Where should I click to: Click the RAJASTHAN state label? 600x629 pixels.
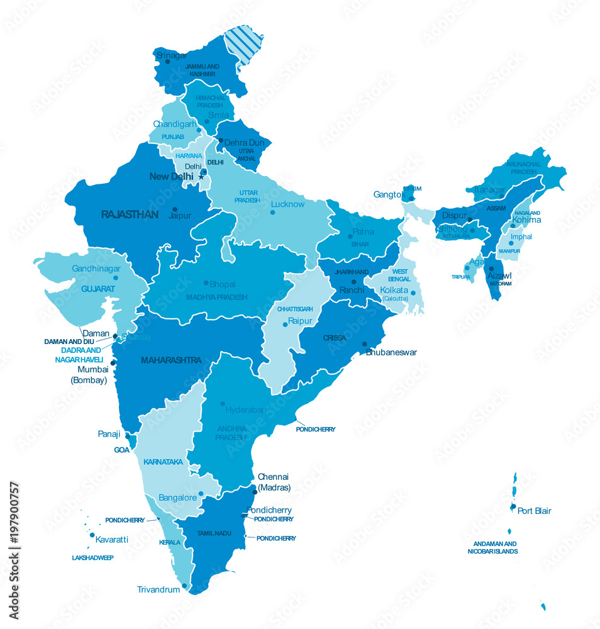coord(130,215)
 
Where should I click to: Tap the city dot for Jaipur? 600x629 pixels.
coord(175,209)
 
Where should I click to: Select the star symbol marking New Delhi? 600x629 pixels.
coord(201,177)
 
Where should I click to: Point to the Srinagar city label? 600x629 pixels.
coord(172,55)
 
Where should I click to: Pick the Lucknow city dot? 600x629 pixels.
coord(272,212)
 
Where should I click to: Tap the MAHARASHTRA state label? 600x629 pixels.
coord(171,360)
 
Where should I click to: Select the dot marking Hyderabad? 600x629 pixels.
coord(223,404)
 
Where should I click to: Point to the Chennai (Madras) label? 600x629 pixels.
coord(274,482)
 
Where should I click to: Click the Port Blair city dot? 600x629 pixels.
coord(513,506)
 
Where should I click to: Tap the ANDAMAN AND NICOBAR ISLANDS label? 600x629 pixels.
coord(492,547)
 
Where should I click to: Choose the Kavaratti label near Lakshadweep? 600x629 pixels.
coord(112,539)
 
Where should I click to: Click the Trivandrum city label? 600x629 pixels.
coord(158,589)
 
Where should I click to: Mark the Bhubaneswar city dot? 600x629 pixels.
coord(364,344)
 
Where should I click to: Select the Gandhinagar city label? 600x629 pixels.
coord(96,268)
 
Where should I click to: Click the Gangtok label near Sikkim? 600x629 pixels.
coord(387,194)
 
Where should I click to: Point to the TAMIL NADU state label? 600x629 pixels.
coord(214,533)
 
